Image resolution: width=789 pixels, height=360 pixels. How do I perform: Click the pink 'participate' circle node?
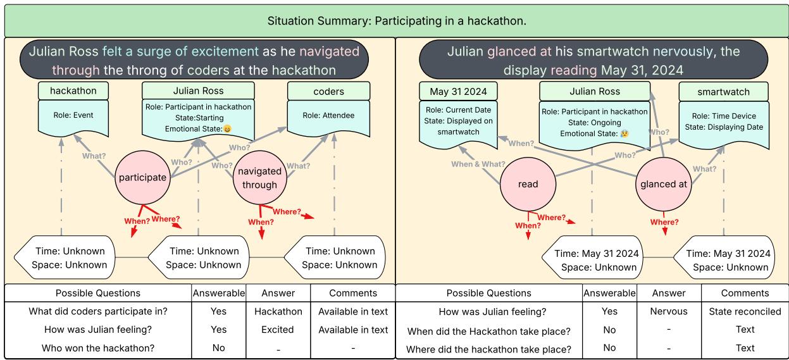(143, 178)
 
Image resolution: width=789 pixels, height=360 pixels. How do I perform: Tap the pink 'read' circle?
(528, 184)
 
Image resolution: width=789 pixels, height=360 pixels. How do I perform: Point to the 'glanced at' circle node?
(663, 184)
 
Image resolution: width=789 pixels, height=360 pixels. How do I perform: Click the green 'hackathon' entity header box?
(73, 90)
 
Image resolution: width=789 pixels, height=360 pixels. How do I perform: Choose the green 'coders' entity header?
(329, 91)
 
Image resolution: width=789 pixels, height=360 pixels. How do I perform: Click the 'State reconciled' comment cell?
(745, 311)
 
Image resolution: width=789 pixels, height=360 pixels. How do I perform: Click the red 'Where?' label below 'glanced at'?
(664, 222)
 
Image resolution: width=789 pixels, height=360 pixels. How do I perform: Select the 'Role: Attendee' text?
(329, 116)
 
